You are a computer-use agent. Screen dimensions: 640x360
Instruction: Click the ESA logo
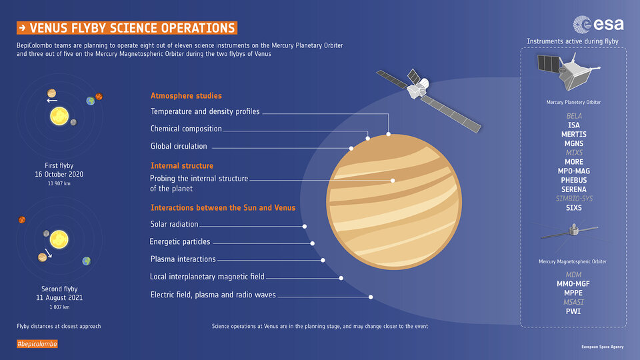tap(599, 25)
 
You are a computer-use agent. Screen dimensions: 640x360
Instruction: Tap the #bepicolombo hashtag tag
tap(37, 344)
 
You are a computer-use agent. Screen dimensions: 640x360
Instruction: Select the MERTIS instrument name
tap(573, 134)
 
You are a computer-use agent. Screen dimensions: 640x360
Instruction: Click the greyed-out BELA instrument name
tap(574, 116)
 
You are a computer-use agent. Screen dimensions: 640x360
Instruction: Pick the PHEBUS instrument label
tap(573, 180)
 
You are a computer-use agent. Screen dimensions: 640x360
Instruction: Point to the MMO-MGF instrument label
tap(573, 284)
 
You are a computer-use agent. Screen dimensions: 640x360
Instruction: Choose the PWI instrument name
tap(573, 311)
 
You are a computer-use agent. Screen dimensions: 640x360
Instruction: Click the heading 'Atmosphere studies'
tap(186, 95)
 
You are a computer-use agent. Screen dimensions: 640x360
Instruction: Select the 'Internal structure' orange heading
tap(181, 166)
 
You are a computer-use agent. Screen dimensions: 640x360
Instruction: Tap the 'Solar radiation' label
tap(174, 224)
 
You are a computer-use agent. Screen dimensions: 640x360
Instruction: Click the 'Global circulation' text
tap(179, 146)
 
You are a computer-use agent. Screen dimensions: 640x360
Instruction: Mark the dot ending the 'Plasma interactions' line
tap(323, 260)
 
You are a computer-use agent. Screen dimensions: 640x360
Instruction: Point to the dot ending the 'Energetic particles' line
tap(312, 243)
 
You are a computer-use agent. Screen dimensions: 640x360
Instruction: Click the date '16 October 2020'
tap(59, 174)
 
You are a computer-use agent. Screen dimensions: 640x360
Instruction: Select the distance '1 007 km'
tap(59, 307)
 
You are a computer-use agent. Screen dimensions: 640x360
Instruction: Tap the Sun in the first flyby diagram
tap(59, 116)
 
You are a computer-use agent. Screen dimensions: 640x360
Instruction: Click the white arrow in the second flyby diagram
tap(48, 253)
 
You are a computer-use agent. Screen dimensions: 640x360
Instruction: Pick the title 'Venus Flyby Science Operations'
tap(127, 28)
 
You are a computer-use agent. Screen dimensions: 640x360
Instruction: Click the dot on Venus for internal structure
tap(393, 181)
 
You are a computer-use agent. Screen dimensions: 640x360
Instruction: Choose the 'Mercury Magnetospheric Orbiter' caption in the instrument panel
tap(572, 261)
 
